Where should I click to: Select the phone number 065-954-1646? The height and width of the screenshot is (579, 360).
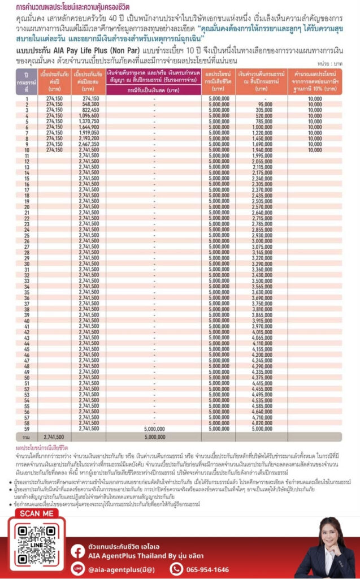[207, 569]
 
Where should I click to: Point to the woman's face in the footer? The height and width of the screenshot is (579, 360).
[326, 532]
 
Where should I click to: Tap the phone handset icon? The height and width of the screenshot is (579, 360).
[177, 569]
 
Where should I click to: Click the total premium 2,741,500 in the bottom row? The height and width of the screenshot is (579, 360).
[54, 437]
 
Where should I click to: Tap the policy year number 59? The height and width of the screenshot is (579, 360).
[27, 428]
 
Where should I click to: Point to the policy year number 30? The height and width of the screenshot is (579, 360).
[27, 263]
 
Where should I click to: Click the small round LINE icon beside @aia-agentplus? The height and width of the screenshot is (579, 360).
[77, 569]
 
